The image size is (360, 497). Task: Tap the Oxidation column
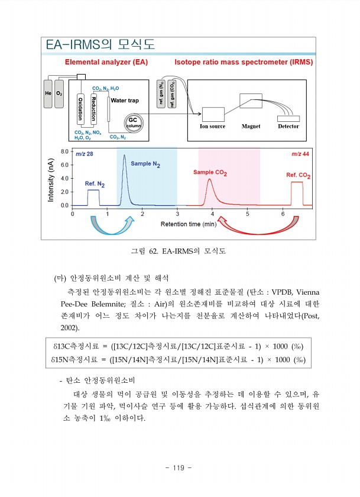(x=80, y=109)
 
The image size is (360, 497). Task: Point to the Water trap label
(x=125, y=101)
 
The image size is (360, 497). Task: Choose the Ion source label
(x=213, y=126)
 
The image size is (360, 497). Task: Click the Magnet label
(x=251, y=126)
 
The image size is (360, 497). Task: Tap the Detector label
(x=288, y=126)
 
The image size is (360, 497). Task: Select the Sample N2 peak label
(x=145, y=163)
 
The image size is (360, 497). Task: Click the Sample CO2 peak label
(x=210, y=173)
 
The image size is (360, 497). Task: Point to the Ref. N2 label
(x=95, y=184)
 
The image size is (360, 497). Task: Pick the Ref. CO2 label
(x=299, y=175)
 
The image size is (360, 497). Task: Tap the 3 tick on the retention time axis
(x=177, y=214)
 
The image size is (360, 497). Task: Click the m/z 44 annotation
(x=301, y=154)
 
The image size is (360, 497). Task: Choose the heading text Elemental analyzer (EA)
(x=106, y=62)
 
